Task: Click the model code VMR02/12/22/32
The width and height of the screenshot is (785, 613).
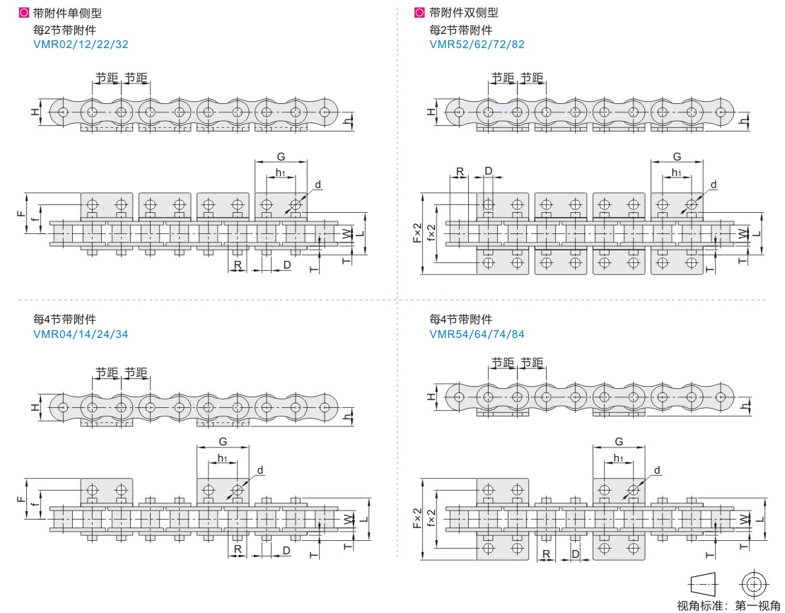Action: (x=81, y=44)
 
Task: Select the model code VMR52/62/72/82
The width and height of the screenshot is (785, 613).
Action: (x=477, y=44)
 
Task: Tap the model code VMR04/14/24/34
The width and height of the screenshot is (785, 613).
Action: (x=81, y=334)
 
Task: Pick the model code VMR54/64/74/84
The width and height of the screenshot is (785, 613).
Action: (x=477, y=334)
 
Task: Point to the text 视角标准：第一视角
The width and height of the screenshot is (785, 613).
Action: (x=728, y=605)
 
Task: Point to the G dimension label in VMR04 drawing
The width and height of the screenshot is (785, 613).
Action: (x=222, y=440)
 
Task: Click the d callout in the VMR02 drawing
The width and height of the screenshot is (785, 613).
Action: (x=318, y=185)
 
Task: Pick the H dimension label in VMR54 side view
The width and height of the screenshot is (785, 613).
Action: (x=431, y=397)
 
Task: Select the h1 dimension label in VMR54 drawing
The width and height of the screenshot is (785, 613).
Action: (x=619, y=458)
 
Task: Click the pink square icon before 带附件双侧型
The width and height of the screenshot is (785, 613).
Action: (x=419, y=13)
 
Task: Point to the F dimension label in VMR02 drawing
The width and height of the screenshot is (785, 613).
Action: (x=21, y=210)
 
